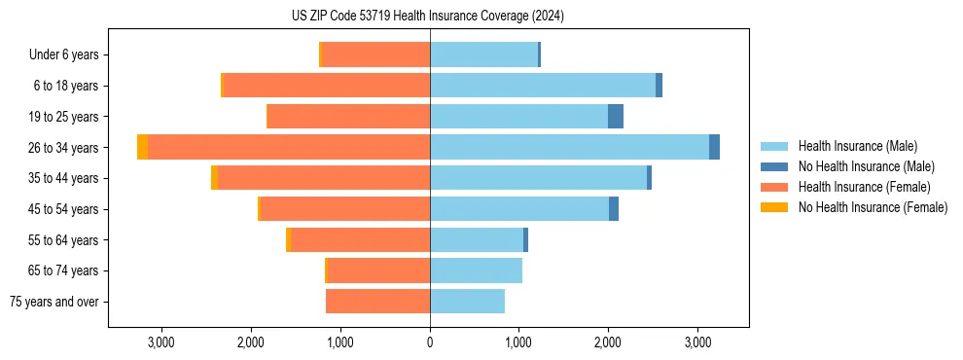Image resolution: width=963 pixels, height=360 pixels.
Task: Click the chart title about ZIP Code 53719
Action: (428, 16)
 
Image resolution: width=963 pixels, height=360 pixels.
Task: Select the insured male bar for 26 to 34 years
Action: (569, 147)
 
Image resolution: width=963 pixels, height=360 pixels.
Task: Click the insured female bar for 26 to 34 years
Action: (289, 147)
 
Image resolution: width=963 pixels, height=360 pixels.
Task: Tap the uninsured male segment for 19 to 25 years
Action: (616, 117)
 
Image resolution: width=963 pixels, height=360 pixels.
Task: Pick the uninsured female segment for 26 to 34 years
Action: (143, 147)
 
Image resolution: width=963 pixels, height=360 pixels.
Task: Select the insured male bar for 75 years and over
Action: (467, 302)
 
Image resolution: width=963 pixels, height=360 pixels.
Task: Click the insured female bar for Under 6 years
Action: (375, 54)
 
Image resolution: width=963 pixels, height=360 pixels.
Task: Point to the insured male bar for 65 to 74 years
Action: (476, 270)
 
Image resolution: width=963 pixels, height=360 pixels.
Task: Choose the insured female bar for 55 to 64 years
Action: (360, 240)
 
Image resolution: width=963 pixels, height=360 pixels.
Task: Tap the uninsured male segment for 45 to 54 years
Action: (614, 209)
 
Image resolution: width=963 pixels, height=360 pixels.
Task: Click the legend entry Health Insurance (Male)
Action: (856, 146)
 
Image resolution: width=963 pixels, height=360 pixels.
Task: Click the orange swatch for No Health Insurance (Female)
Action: (775, 207)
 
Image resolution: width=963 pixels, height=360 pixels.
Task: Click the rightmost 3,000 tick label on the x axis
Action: (697, 342)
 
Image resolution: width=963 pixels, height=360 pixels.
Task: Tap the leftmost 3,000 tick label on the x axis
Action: (160, 342)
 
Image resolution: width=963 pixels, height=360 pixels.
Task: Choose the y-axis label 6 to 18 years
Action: (66, 86)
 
